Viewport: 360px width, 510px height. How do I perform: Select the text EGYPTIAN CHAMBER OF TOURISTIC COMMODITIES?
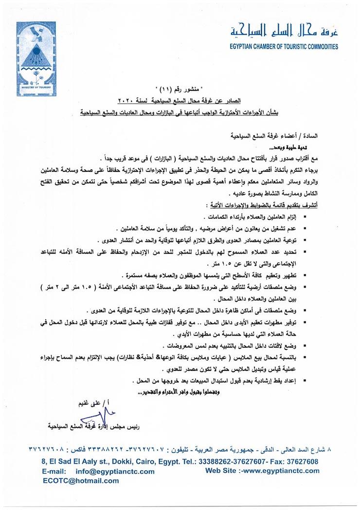click(284, 47)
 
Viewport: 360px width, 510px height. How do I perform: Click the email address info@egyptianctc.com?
click(115, 471)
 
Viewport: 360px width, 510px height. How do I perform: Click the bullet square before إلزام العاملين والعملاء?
click(305, 216)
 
